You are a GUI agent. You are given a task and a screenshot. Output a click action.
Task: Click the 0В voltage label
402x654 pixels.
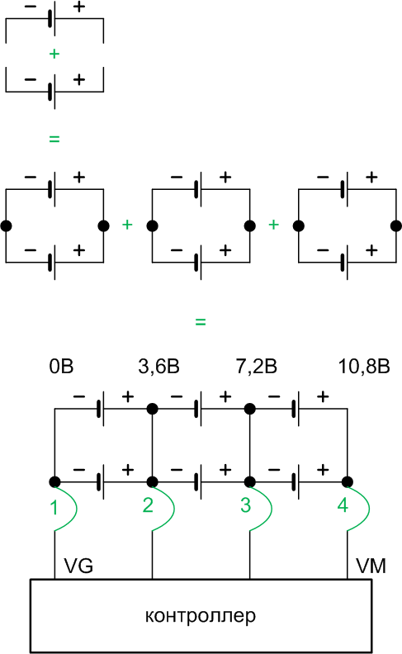[x=61, y=366]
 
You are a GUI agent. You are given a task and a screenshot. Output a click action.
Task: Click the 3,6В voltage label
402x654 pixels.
[x=158, y=366]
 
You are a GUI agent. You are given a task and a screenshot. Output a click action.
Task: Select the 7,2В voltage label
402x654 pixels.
[x=256, y=366]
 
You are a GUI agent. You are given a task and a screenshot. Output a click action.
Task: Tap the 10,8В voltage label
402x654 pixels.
[x=364, y=366]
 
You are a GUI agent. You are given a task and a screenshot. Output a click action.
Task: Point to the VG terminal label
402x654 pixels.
[x=78, y=566]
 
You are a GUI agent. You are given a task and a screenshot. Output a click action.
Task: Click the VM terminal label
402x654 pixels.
[x=371, y=566]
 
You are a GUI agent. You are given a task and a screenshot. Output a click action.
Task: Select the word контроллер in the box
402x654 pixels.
[x=200, y=616]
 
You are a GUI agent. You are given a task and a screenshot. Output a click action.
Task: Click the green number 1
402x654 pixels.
[x=54, y=507]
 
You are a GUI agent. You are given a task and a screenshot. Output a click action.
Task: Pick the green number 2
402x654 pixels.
[x=148, y=505]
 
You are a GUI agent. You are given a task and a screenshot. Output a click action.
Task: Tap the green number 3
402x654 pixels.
[x=245, y=505]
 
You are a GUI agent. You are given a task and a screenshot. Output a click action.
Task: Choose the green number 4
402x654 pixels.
[x=343, y=505]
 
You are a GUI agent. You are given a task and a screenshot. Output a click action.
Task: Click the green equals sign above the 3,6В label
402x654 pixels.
[x=200, y=322]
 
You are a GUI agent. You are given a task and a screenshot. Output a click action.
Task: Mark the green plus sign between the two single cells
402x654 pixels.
[x=54, y=54]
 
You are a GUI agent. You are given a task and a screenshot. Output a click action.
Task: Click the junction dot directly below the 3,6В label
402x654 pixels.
[x=152, y=409]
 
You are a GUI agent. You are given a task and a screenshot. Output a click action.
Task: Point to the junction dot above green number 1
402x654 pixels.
[x=54, y=481]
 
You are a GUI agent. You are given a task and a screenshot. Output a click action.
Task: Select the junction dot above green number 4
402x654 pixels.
[x=348, y=481]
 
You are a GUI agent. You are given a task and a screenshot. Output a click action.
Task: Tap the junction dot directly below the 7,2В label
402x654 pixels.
[x=250, y=409]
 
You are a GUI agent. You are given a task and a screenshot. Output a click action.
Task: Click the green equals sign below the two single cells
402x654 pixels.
[x=54, y=139]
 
